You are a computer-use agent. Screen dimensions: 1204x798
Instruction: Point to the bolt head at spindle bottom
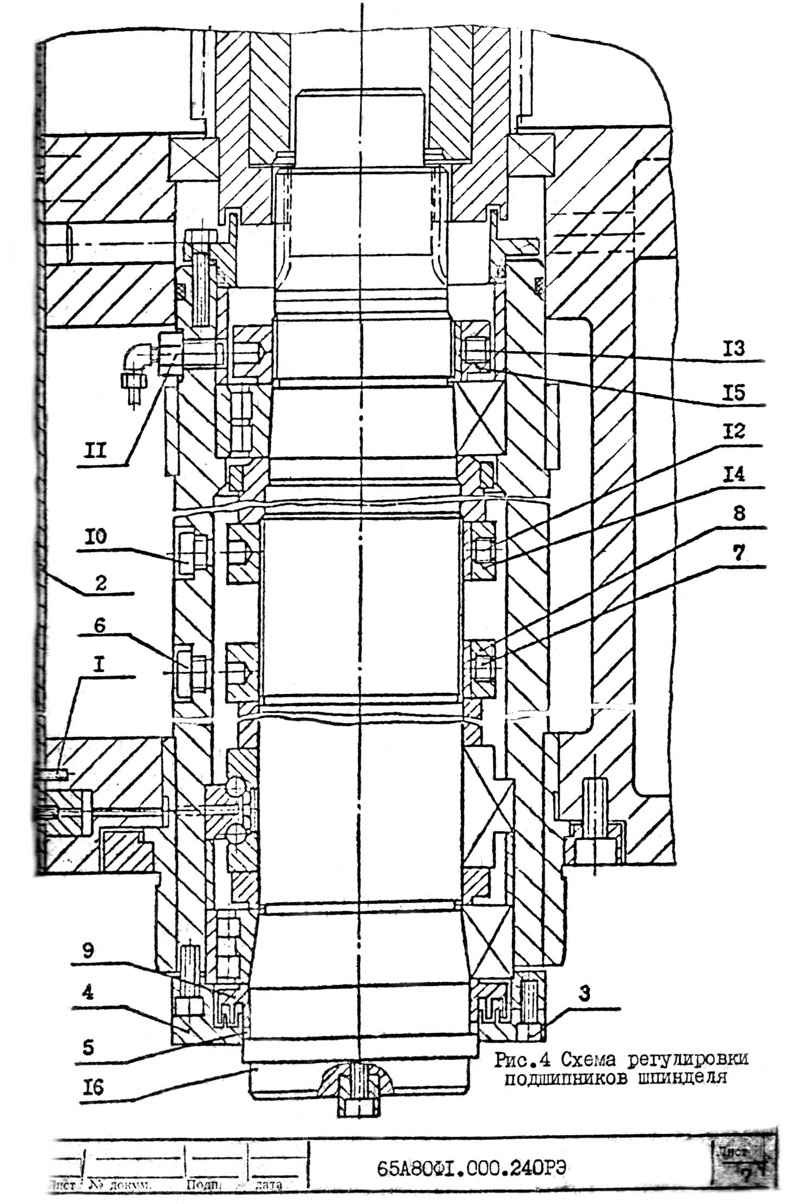[x=355, y=1107]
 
